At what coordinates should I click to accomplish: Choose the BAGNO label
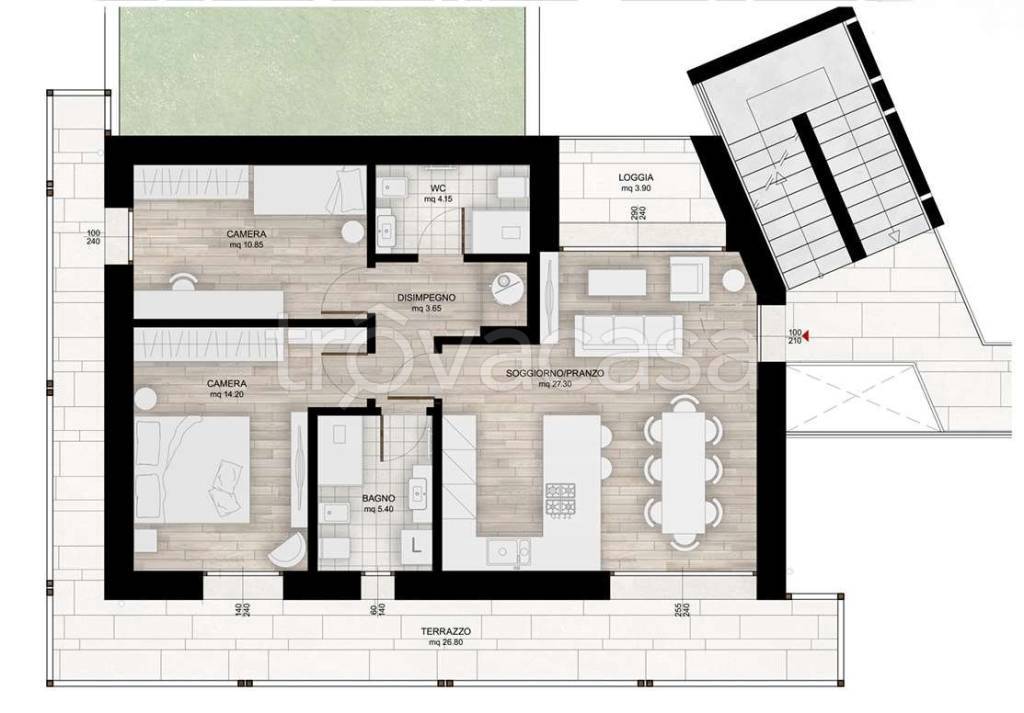coord(378,498)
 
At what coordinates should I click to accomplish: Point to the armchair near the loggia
coord(689,277)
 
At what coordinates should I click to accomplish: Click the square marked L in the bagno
coord(415,545)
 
